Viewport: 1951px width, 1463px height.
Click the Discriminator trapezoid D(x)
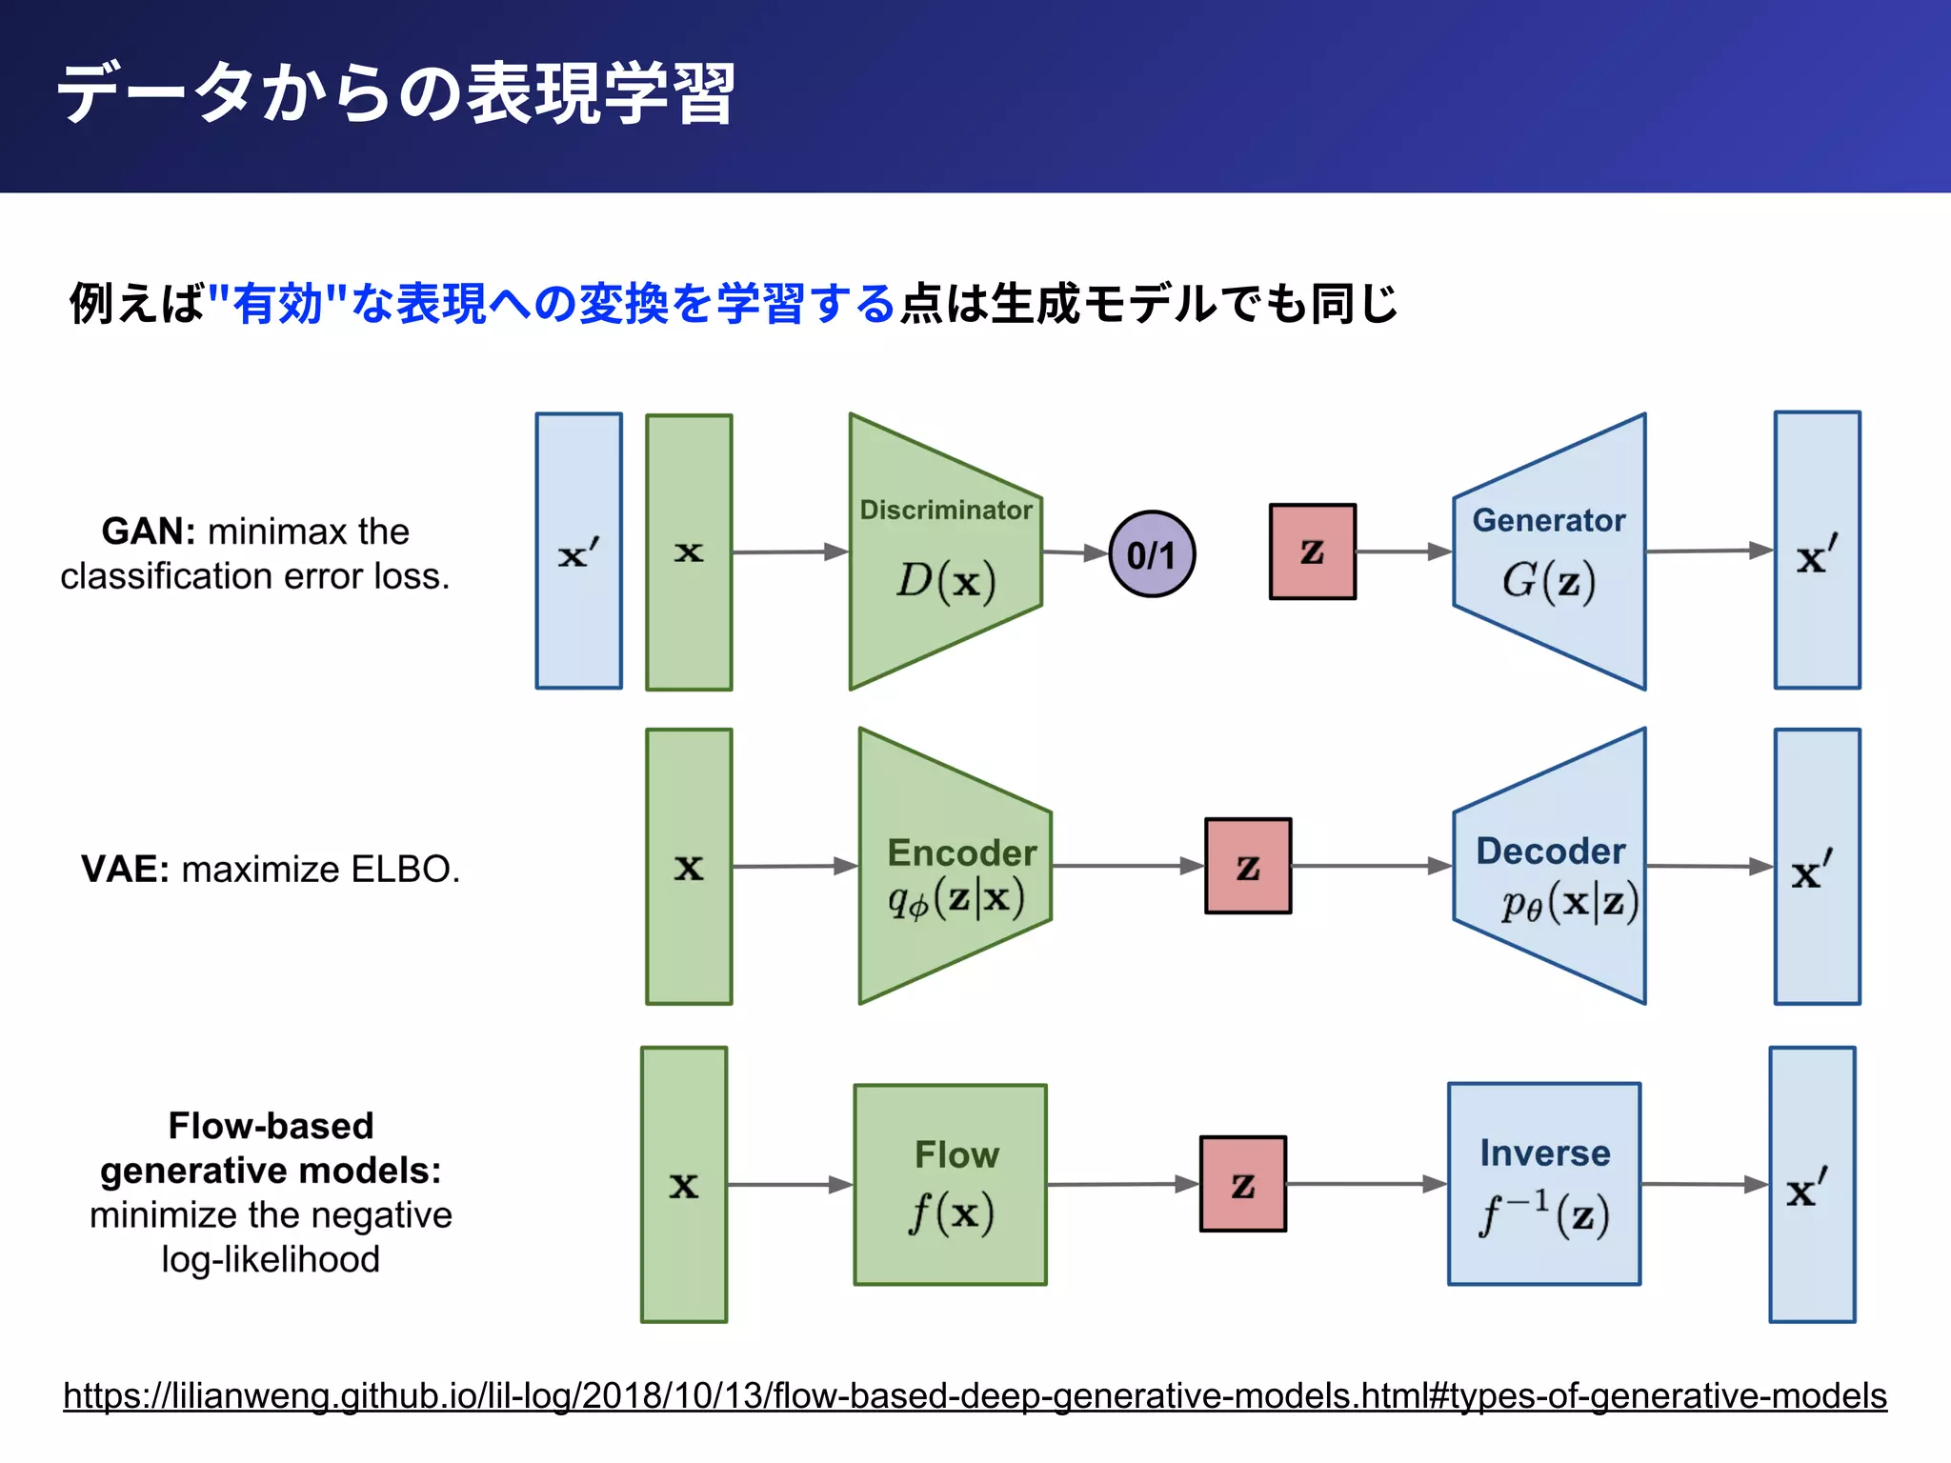point(945,552)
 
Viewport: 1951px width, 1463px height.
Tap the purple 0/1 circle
point(1152,554)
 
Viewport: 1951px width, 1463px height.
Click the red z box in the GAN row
point(1312,551)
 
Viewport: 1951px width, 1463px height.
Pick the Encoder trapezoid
point(955,867)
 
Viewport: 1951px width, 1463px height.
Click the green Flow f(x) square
point(950,1185)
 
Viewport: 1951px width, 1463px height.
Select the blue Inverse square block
point(1543,1184)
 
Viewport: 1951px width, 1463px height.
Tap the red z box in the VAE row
point(1248,866)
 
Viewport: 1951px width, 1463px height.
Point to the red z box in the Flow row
point(1242,1184)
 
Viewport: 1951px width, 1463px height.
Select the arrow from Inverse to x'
point(1705,1184)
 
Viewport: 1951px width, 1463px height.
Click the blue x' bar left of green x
point(578,551)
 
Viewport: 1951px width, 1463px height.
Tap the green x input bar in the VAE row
point(689,867)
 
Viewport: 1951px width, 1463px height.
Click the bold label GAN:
point(148,531)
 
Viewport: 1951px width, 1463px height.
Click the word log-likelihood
point(271,1259)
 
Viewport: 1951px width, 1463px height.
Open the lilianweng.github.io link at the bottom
point(975,1395)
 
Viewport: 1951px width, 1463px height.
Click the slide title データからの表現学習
point(395,94)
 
